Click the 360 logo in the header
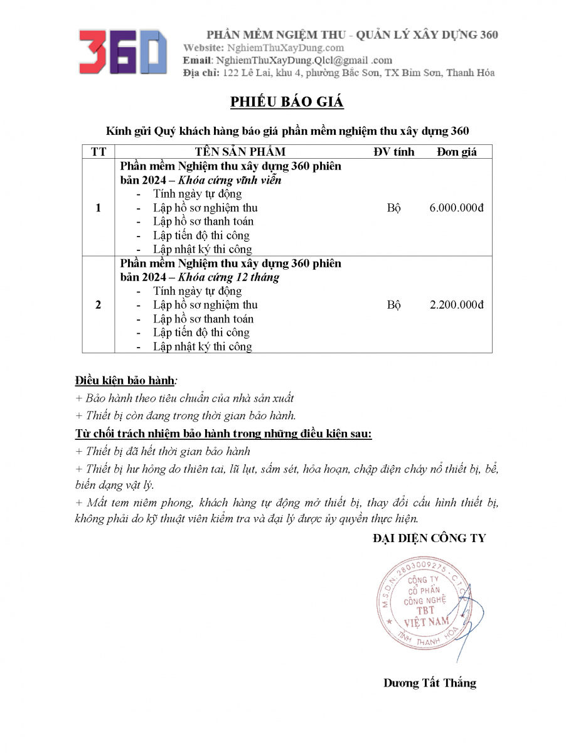123,51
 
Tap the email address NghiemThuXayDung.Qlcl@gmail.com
304,60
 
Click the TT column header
99,152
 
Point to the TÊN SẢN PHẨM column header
240,152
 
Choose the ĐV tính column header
394,152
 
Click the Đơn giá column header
457,152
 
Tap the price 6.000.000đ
457,208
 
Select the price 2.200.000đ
457,305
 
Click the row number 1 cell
99,208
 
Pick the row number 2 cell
99,305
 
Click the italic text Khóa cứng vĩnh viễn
230,180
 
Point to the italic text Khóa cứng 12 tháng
229,277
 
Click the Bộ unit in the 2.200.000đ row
394,305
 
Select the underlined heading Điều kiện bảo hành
124,380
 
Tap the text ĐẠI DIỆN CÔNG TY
429,538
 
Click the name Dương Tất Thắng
430,683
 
